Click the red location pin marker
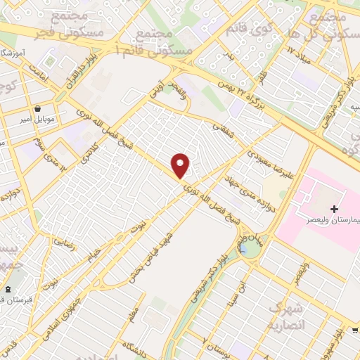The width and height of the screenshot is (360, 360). pyautogui.click(x=181, y=165)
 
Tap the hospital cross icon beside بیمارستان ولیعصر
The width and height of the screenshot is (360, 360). pyautogui.click(x=334, y=209)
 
